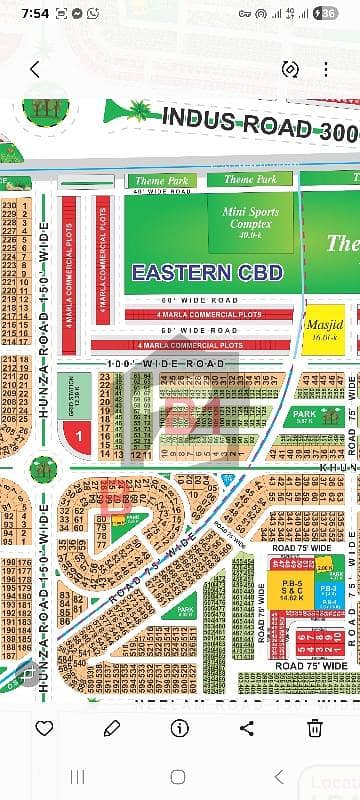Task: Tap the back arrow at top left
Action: click(35, 69)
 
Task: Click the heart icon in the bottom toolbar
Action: click(44, 727)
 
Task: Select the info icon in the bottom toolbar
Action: click(180, 727)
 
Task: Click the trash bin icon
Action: click(315, 727)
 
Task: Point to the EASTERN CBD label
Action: click(207, 271)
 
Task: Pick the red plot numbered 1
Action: click(78, 436)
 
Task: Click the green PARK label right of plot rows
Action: click(304, 417)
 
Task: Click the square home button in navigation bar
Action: click(180, 776)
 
